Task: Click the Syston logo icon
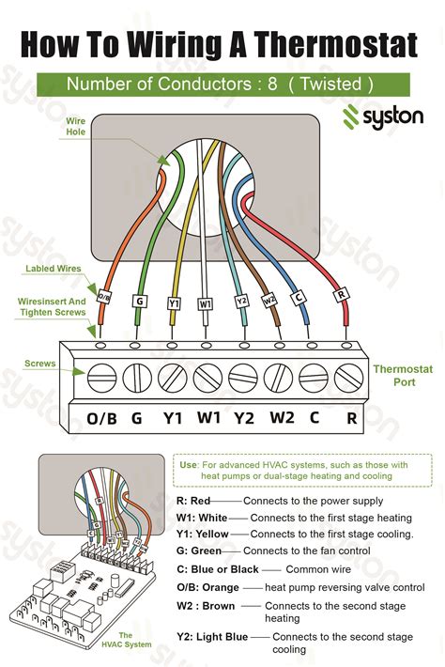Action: pyautogui.click(x=351, y=116)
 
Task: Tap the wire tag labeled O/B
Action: pyautogui.click(x=103, y=298)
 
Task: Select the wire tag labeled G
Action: pyautogui.click(x=139, y=301)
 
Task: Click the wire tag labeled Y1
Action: pyautogui.click(x=174, y=303)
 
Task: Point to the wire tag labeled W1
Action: pyautogui.click(x=205, y=303)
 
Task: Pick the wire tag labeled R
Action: pyautogui.click(x=341, y=293)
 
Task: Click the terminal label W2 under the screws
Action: pyautogui.click(x=283, y=417)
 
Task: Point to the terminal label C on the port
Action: pyautogui.click(x=315, y=417)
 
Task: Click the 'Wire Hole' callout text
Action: pyautogui.click(x=76, y=127)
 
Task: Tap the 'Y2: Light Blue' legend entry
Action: pyautogui.click(x=212, y=637)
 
